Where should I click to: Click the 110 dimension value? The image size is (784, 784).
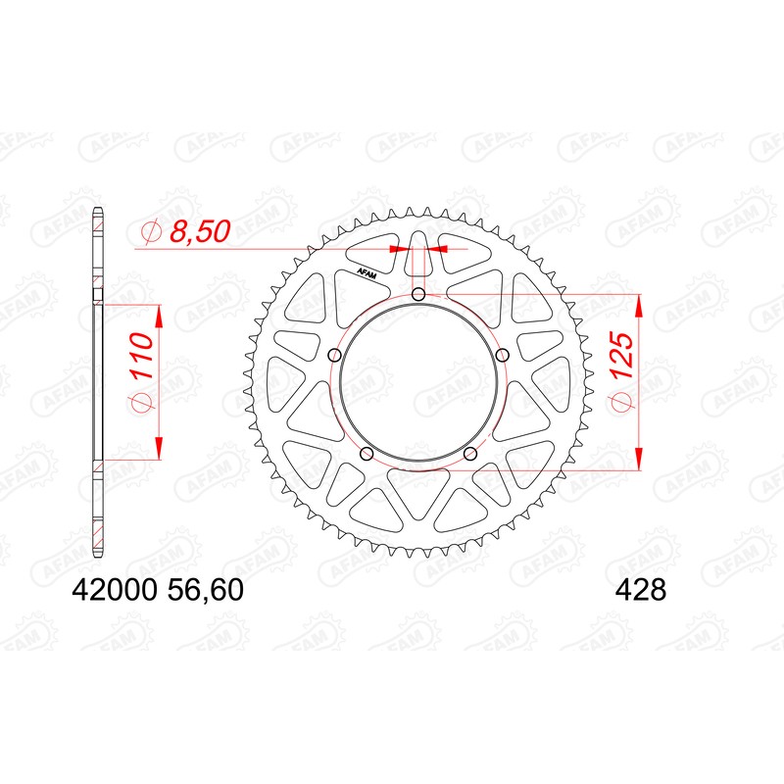[139, 362]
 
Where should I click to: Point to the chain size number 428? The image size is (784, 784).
[641, 592]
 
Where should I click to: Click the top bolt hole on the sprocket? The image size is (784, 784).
[418, 295]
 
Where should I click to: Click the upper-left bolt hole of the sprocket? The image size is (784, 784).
[334, 355]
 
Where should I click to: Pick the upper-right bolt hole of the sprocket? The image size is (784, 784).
[502, 355]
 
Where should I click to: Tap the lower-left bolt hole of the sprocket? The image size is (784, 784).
[367, 453]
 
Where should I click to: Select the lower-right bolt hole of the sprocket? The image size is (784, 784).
[469, 453]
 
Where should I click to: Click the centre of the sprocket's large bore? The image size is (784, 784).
[418, 382]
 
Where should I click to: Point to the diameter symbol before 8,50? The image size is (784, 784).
[151, 232]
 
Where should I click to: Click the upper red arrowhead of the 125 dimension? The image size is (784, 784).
[639, 304]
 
